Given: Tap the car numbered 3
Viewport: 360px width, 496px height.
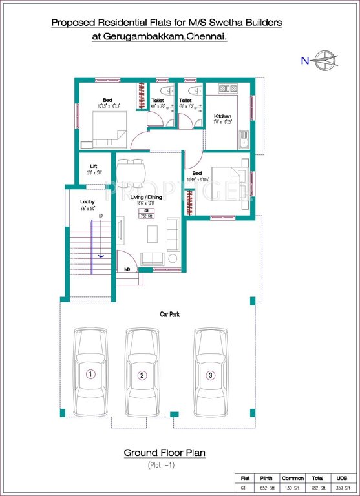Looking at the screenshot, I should (210, 375).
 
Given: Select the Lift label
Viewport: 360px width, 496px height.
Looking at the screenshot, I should (93, 166).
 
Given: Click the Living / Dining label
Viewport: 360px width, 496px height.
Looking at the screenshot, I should (146, 197).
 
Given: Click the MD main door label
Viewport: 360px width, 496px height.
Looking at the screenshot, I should (128, 268).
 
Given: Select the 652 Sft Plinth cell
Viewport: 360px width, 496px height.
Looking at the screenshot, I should (266, 488).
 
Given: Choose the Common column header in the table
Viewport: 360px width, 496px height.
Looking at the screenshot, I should (292, 478).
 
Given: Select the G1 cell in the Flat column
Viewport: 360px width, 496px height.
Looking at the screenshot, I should (244, 488).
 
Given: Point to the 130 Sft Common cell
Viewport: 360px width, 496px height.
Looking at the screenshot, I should (292, 488).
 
